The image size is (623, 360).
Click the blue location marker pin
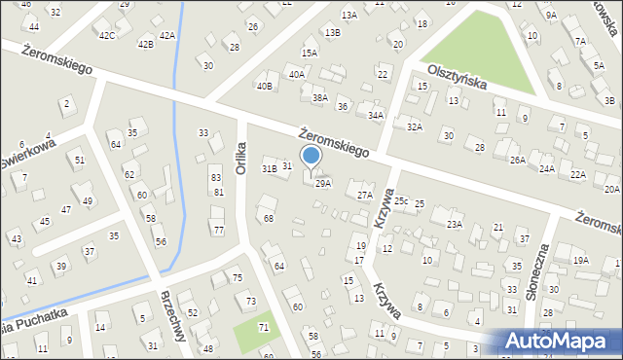pos(311,157)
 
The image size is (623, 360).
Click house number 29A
pos(323,183)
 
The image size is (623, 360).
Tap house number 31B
pos(270,168)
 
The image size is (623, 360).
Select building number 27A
pos(364,195)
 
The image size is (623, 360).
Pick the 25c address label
pos(401,200)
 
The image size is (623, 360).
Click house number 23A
pos(454,224)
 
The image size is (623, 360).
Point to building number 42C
pos(107,35)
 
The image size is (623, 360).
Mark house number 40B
pos(264,86)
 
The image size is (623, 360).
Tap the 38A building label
pos(319,97)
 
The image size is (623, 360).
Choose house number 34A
pos(376,115)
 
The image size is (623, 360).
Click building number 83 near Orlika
pos(216,178)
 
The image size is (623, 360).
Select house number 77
pos(218,230)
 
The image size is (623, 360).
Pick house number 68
pos(268,218)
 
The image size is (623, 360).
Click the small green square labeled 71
pos(255,331)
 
